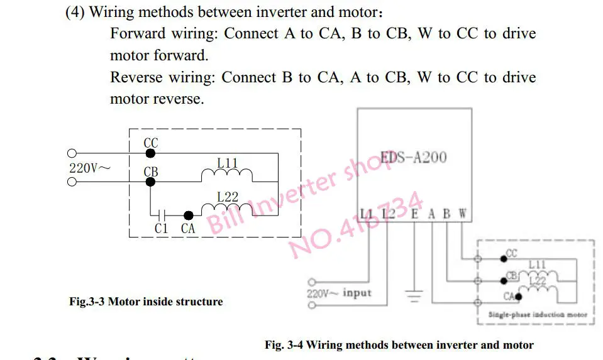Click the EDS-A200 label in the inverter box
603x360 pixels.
(x=414, y=156)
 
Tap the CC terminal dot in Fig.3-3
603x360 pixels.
(x=150, y=153)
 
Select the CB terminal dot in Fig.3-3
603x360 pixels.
(x=150, y=182)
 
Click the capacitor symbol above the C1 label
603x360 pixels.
(x=162, y=215)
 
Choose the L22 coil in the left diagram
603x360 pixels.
(x=227, y=207)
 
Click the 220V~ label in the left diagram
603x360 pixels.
(x=90, y=168)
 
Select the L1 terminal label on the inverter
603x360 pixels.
(x=367, y=214)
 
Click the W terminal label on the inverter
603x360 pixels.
(x=462, y=214)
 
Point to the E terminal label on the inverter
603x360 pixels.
(x=414, y=214)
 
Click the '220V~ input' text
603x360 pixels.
(x=339, y=293)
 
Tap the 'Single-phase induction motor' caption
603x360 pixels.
(x=538, y=314)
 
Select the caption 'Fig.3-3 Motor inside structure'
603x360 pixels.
(x=146, y=302)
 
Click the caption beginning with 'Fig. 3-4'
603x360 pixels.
(x=399, y=344)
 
